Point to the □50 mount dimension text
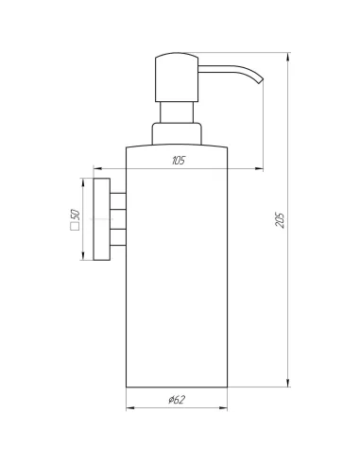coord(76,219)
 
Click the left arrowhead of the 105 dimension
coord(96,169)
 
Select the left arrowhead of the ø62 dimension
coord(130,412)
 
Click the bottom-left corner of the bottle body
coord(127,387)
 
